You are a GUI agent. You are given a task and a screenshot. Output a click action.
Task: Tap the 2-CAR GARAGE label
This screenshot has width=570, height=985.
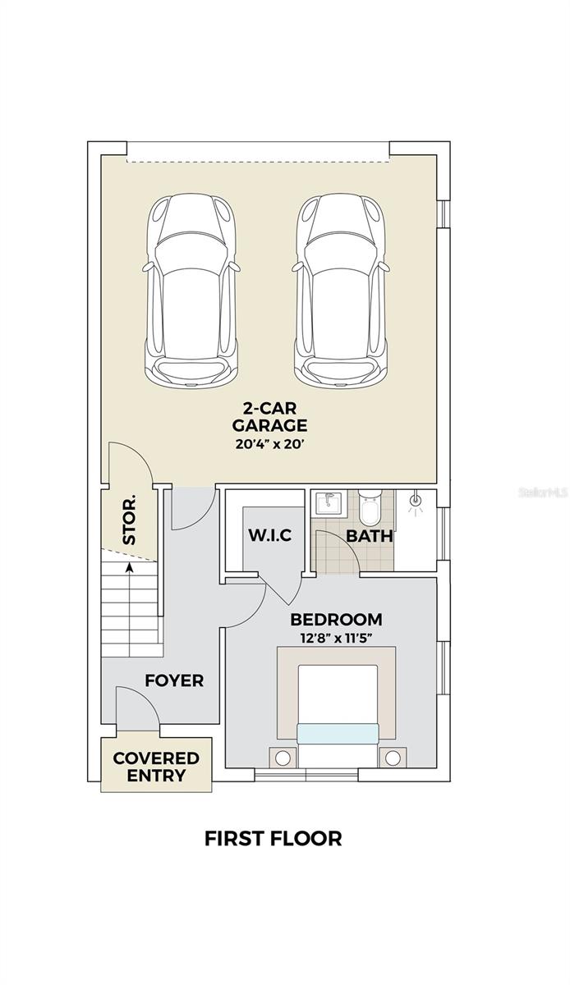[269, 417]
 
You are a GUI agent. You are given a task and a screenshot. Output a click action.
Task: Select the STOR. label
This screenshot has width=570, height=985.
[130, 520]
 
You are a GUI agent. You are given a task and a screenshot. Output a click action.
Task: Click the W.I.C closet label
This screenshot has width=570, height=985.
[269, 536]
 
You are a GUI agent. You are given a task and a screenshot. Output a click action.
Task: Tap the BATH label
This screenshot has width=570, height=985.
[369, 537]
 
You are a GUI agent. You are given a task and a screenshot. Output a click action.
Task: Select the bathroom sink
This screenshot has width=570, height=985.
[328, 502]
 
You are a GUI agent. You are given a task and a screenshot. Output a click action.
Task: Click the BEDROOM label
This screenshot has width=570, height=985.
[335, 620]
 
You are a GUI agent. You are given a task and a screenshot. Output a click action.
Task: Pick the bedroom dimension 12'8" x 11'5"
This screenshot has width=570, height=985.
[335, 639]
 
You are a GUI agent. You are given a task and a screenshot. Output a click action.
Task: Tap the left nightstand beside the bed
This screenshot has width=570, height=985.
[283, 757]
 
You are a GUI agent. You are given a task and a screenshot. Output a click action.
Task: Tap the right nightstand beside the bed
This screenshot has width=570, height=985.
[393, 757]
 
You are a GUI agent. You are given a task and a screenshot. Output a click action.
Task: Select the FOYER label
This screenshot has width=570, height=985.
[174, 680]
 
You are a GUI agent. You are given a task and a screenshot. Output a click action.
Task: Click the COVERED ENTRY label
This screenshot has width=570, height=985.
[156, 767]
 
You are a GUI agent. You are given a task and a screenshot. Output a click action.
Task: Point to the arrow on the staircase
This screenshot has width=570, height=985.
[130, 567]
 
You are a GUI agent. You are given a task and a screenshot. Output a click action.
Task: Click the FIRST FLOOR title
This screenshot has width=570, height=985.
[273, 839]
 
